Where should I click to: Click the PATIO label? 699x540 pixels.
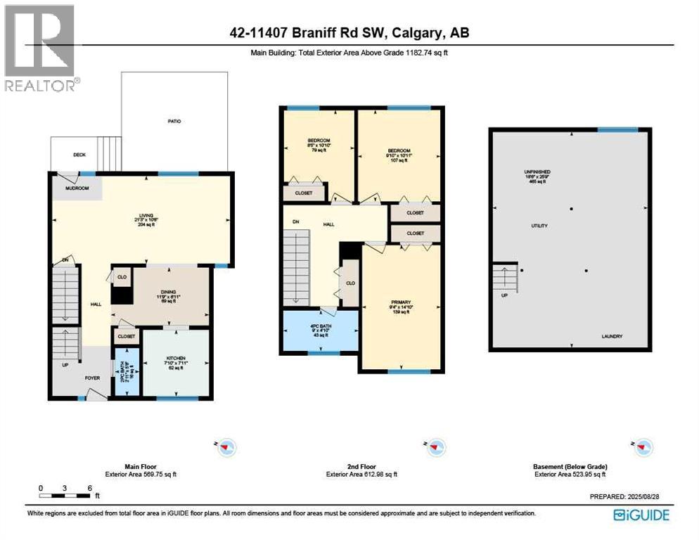pos(174,122)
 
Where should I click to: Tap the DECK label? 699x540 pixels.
pos(79,155)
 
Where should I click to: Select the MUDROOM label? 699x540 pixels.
pos(77,188)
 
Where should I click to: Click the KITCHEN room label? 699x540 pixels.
pos(176,362)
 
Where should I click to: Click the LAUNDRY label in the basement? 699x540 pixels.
pos(611,337)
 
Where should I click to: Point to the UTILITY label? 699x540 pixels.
pos(539,226)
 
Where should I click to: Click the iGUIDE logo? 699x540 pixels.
pos(641,515)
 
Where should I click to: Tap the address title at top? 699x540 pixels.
pos(349,32)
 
